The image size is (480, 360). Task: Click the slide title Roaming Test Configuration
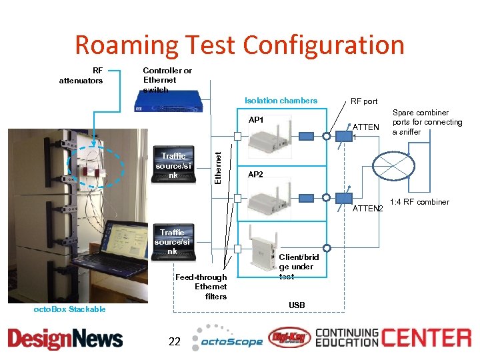[239, 45]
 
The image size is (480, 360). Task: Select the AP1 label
[257, 121]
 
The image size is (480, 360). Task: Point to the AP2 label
[255, 175]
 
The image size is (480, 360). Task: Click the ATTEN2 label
[367, 209]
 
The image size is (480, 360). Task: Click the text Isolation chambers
[281, 101]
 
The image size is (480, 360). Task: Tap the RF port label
[364, 101]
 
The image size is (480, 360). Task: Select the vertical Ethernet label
[217, 160]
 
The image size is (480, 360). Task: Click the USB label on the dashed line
[297, 305]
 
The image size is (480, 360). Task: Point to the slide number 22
[175, 341]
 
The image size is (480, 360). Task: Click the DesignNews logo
[65, 339]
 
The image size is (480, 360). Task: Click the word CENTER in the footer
[426, 337]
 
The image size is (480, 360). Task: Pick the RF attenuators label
[81, 75]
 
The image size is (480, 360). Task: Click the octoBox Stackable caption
[69, 309]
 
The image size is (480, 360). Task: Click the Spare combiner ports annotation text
[427, 122]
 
